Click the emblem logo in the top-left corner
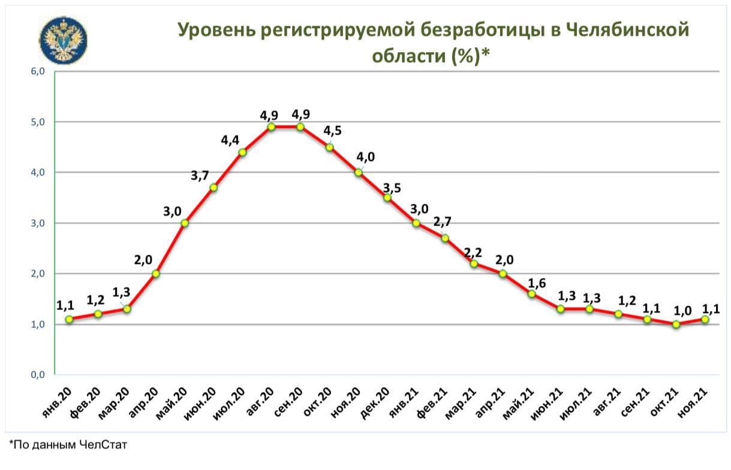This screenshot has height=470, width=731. coord(63,40)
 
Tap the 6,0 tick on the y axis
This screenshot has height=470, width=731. coord(38,71)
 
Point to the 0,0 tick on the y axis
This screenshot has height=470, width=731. coord(38,375)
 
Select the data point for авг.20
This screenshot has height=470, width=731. coord(271,127)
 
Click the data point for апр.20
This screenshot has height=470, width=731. coord(156,274)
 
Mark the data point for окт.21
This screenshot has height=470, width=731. coord(676,325)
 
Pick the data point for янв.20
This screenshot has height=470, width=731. coord(69,319)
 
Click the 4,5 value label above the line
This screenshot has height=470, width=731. coord(333,131)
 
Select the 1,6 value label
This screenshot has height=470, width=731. coord(536,283)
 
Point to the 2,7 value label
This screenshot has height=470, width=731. coord(442,222)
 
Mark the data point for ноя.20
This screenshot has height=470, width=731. coord(359,172)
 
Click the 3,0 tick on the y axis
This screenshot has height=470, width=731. coord(38,223)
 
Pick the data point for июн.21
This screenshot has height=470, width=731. coord(561,309)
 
